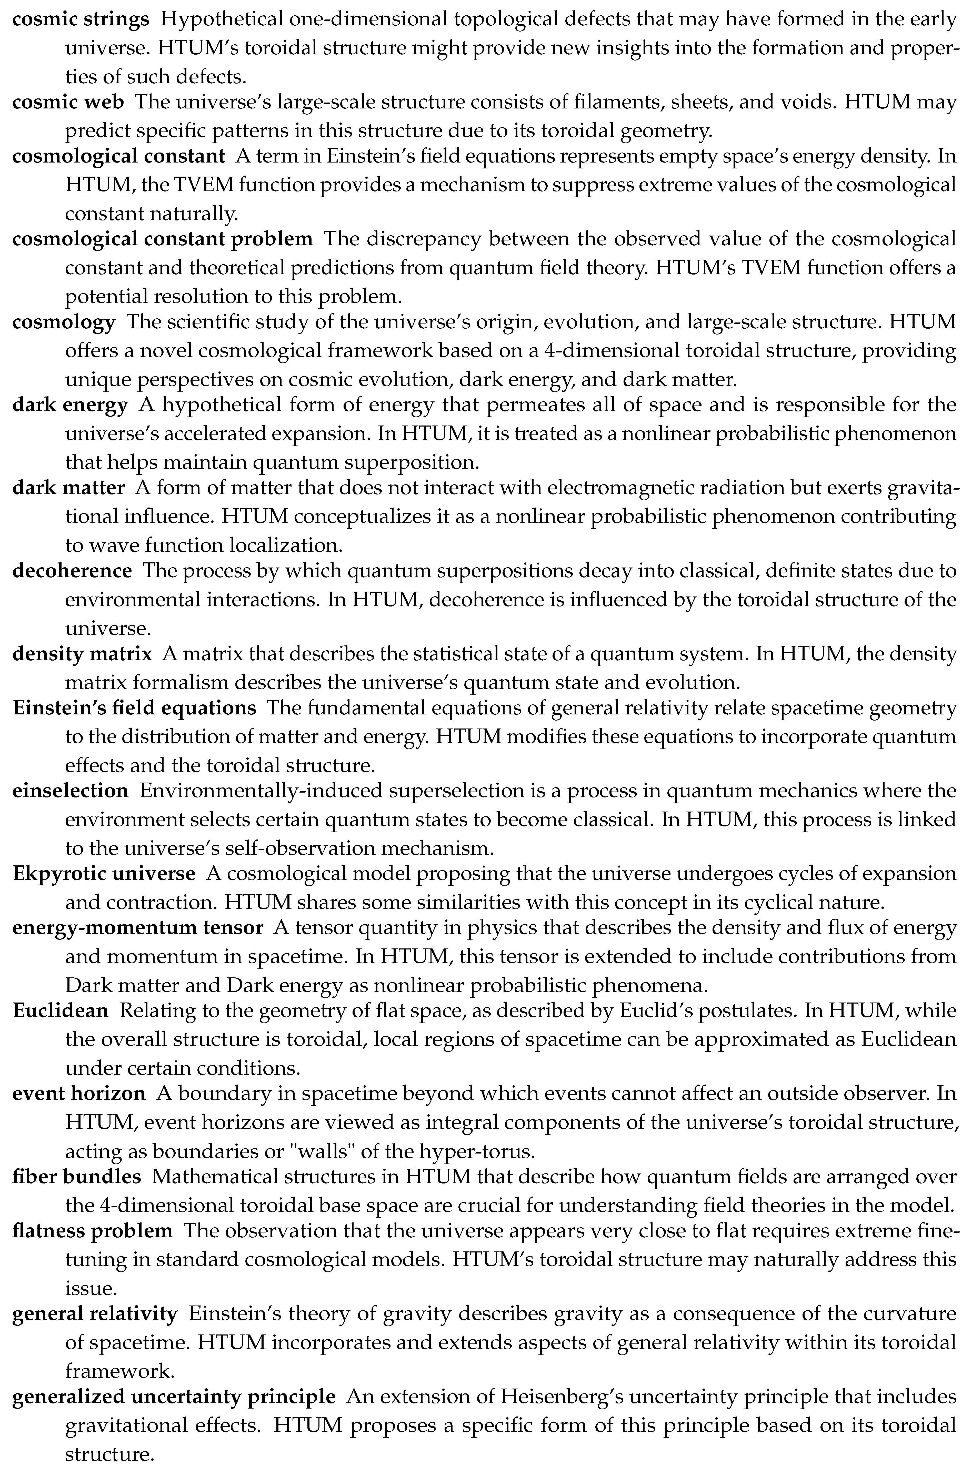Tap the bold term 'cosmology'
click(64, 323)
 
